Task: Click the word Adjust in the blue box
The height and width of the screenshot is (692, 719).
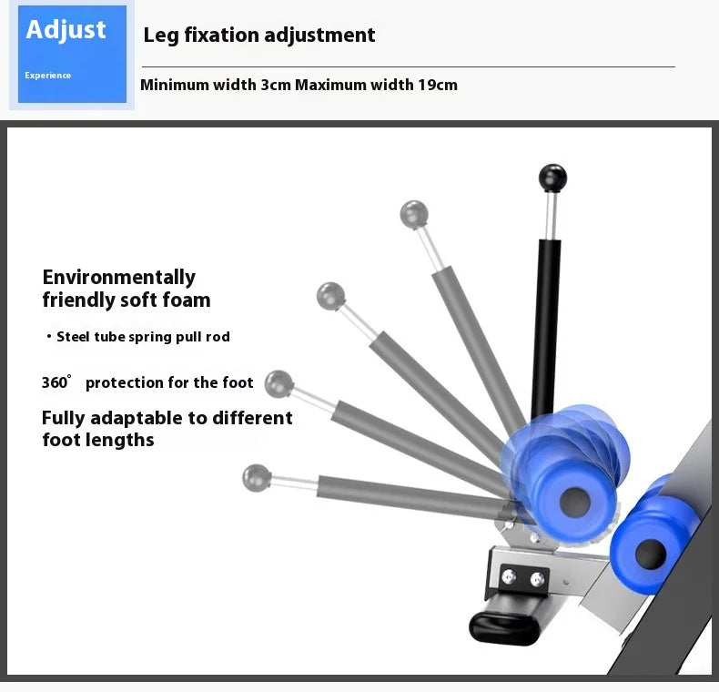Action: click(66, 29)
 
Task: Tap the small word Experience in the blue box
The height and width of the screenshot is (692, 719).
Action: click(47, 76)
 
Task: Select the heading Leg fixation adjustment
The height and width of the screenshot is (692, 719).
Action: click(259, 36)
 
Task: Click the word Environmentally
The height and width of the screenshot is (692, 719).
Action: click(119, 277)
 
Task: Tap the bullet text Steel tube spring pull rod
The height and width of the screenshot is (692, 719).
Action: click(143, 337)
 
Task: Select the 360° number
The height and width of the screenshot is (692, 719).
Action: click(56, 382)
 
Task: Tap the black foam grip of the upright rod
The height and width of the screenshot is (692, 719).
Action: click(546, 319)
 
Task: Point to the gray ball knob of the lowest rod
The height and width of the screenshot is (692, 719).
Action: click(257, 476)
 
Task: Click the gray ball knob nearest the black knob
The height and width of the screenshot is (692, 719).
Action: click(414, 215)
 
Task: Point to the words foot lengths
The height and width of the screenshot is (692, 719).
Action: click(98, 441)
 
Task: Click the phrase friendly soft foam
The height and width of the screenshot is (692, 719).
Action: click(127, 300)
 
